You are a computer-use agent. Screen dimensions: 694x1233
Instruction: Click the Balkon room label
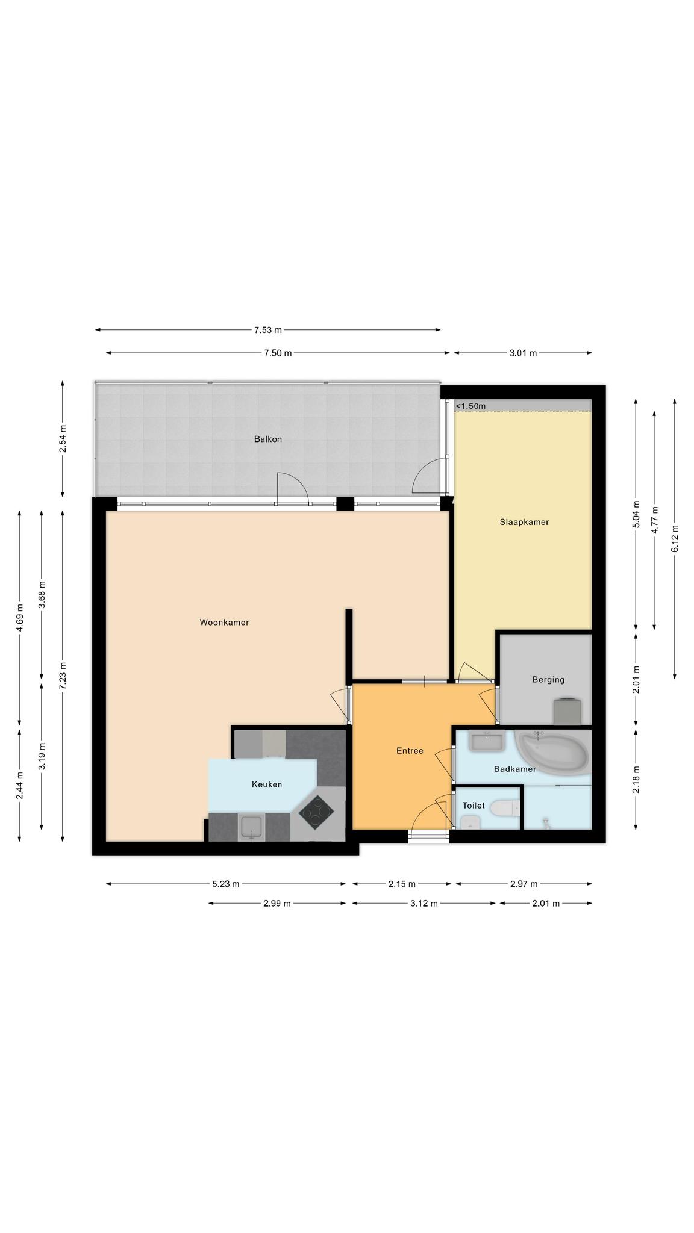tap(267, 439)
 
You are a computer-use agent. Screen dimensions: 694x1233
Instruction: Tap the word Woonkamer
tap(224, 623)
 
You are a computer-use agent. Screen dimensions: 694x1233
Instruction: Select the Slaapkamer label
tap(524, 522)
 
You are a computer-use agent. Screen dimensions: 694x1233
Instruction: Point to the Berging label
tap(548, 680)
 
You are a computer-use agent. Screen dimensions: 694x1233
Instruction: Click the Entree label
tap(410, 751)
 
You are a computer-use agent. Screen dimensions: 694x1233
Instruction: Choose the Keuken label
tap(267, 784)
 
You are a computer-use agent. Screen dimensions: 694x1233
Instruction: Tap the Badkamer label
tap(514, 769)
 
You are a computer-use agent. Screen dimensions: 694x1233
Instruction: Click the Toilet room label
tap(474, 806)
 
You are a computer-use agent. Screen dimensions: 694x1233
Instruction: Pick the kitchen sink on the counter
tap(252, 827)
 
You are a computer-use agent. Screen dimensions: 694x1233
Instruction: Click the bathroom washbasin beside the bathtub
tap(487, 741)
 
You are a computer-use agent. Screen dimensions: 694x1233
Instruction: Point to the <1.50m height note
tap(470, 406)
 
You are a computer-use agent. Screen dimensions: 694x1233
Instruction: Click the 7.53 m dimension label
tap(267, 330)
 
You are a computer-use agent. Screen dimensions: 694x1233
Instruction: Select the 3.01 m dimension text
tap(523, 353)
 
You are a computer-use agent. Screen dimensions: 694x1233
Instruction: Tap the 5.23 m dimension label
tap(226, 884)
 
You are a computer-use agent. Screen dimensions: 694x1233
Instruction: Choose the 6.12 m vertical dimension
tap(674, 538)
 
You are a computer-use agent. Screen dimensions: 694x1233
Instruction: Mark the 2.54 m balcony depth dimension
tap(63, 438)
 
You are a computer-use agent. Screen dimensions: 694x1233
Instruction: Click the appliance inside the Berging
tap(567, 712)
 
